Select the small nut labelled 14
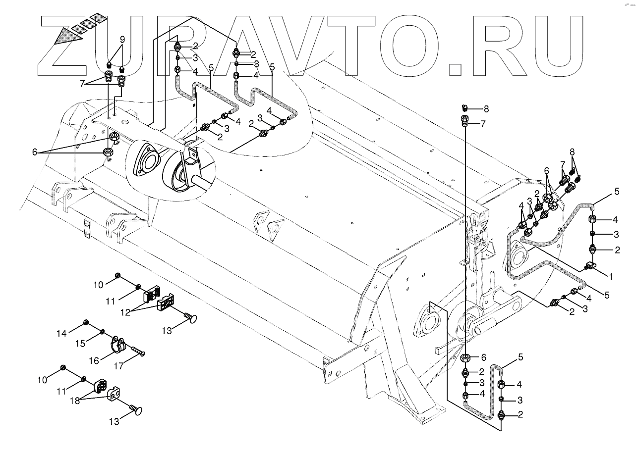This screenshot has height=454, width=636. [x=86, y=323]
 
